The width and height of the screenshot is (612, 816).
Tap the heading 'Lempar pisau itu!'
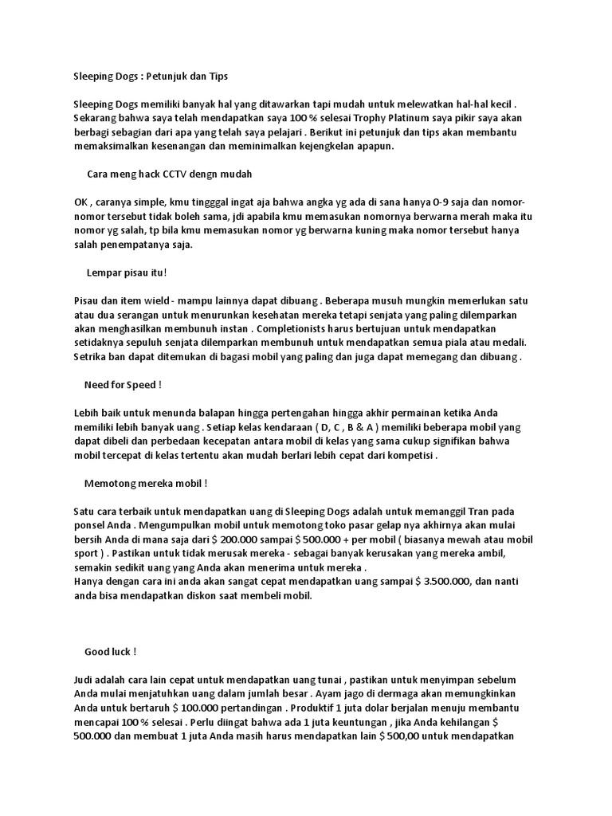click(127, 273)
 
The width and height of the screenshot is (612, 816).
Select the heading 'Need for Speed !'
click(123, 385)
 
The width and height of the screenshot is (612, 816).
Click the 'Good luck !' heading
click(110, 651)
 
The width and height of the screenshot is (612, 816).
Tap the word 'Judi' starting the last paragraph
click(83, 679)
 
